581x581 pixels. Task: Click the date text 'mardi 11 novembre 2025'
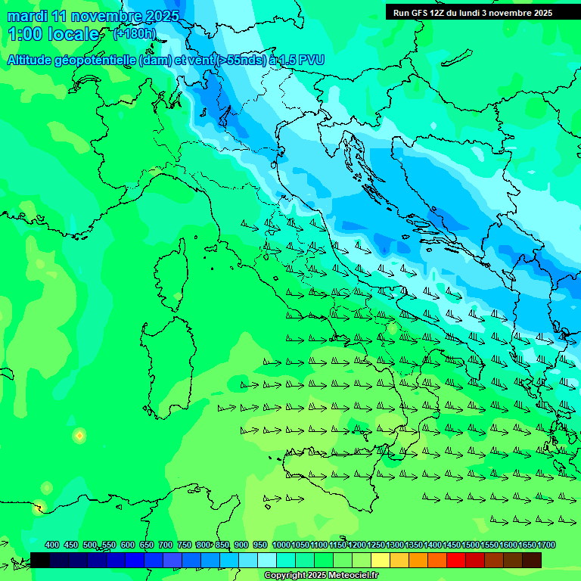coord(93,16)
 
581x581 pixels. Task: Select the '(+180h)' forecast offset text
coord(134,34)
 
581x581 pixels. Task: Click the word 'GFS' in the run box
coord(419,13)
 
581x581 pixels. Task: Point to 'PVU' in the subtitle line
coord(309,60)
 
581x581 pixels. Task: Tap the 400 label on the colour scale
coord(52,545)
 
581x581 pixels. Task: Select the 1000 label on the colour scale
coord(281,545)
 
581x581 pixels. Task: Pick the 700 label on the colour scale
coord(166,545)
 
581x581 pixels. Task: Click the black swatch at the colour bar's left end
coord(40,560)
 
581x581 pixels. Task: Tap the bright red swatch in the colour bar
coord(456,560)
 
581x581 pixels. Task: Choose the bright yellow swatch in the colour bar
coord(381,560)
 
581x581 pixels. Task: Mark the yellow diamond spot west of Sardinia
coord(79,436)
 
